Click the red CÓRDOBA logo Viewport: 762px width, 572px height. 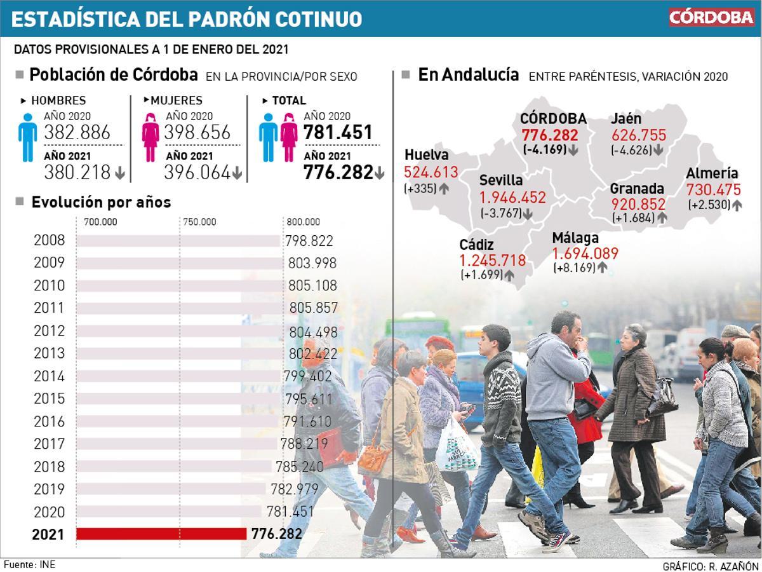click(x=711, y=17)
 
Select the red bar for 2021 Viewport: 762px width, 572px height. click(x=161, y=534)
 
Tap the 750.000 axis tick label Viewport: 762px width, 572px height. click(x=199, y=222)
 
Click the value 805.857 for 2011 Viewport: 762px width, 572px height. click(x=314, y=308)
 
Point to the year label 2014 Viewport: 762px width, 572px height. click(x=49, y=376)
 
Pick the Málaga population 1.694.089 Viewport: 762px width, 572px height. click(x=585, y=254)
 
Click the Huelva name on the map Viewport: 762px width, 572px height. click(x=426, y=155)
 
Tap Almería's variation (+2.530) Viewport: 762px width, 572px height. click(x=709, y=205)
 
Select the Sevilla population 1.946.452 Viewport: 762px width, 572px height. click(x=512, y=198)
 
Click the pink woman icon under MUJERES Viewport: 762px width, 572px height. click(x=150, y=137)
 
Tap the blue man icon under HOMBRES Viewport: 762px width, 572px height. click(x=28, y=137)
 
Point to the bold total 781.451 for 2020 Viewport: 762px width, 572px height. click(x=338, y=133)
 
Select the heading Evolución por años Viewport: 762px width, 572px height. click(x=101, y=202)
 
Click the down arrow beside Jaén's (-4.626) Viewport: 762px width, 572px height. click(x=658, y=151)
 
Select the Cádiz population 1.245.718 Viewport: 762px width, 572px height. click(x=492, y=260)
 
